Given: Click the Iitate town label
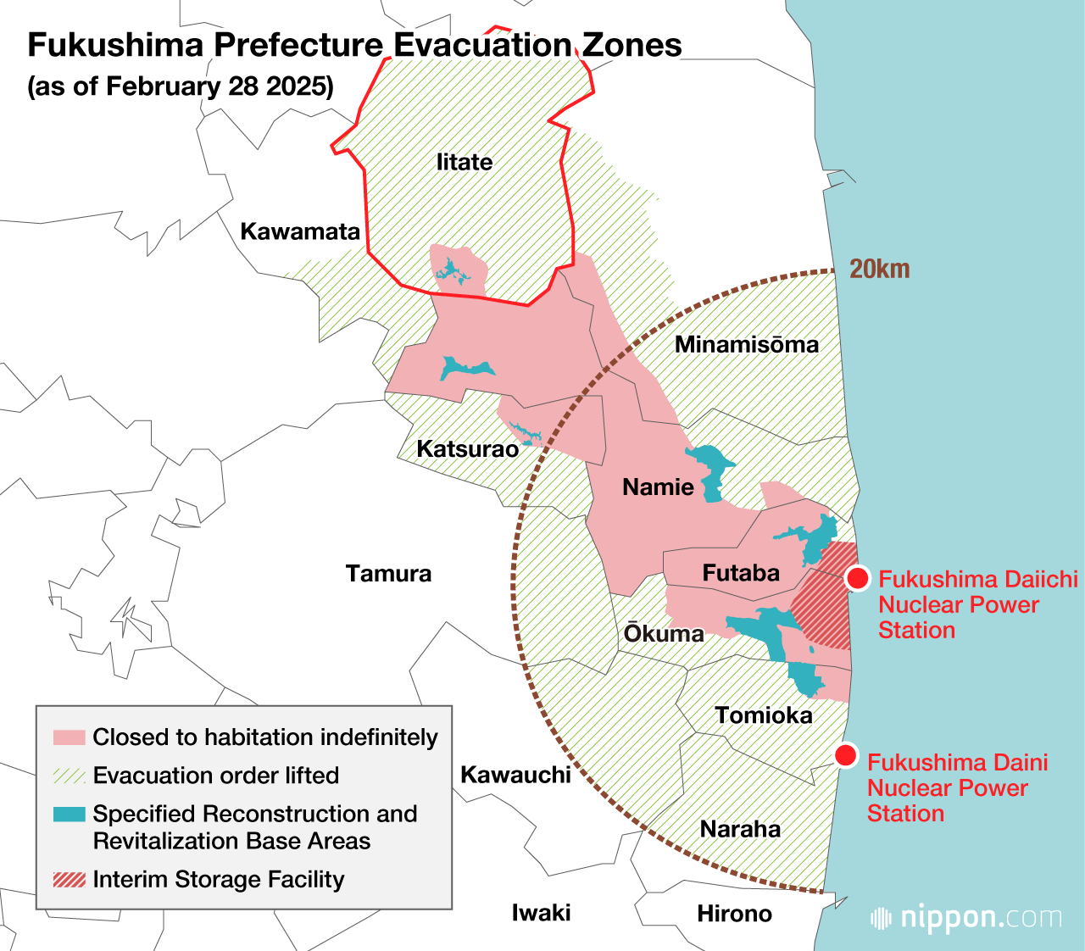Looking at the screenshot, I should (x=464, y=162).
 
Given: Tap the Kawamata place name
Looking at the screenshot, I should (x=300, y=231).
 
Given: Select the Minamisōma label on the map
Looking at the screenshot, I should (x=746, y=344).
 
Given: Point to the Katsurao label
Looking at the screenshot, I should (x=467, y=448).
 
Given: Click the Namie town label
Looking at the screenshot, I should (x=658, y=487).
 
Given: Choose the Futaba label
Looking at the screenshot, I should (x=741, y=573).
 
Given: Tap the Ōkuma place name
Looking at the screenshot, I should (x=664, y=634).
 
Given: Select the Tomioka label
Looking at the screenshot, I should (x=763, y=715).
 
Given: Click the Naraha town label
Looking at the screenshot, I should (x=740, y=829).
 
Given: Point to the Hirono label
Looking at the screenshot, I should (x=734, y=914).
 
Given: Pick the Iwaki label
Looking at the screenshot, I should (x=541, y=913).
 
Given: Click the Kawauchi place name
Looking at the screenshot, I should (x=515, y=775).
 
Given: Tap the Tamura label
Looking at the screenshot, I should (x=388, y=574).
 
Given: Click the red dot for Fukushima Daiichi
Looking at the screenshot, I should (x=858, y=579).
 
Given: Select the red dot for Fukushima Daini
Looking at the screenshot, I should (x=845, y=755).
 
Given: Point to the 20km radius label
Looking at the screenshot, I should (x=879, y=270).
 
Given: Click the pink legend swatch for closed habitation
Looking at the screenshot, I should (x=69, y=737).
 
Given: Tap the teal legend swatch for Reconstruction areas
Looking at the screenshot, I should (x=69, y=815).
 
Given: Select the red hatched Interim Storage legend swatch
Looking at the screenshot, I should (x=69, y=880).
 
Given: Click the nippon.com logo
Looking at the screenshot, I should (x=966, y=918).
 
